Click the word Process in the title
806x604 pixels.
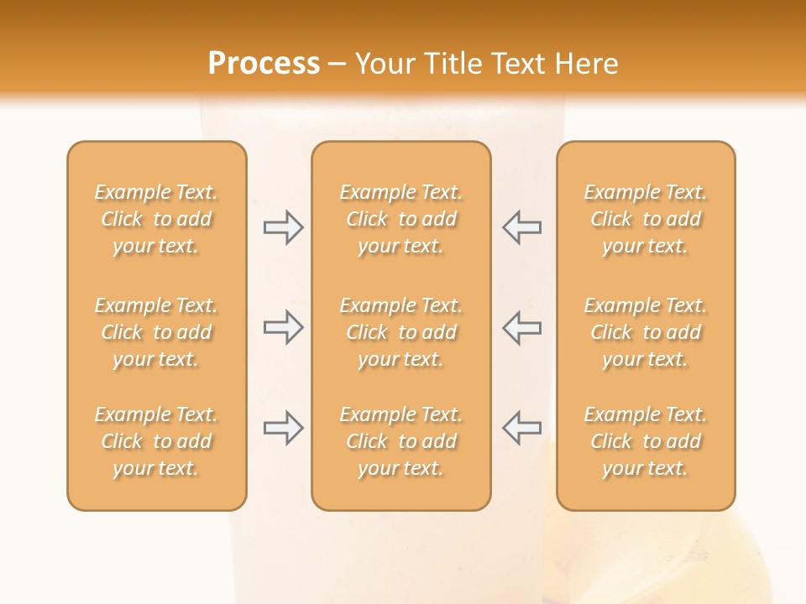click(264, 64)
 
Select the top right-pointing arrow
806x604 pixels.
click(283, 227)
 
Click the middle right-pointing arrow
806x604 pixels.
click(283, 327)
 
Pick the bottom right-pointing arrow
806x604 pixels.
click(283, 428)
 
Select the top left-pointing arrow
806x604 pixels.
click(521, 227)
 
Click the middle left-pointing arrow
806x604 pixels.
click(521, 327)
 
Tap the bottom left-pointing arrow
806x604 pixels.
click(521, 428)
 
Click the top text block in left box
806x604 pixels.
click(156, 219)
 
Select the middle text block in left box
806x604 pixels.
click(156, 332)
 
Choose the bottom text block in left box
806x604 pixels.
click(156, 441)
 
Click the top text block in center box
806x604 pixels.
click(400, 219)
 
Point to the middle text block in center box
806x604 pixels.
click(400, 332)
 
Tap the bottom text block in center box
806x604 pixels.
click(400, 441)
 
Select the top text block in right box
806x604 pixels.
click(646, 219)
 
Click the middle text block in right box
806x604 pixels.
click(646, 332)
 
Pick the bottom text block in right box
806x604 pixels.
click(646, 441)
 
